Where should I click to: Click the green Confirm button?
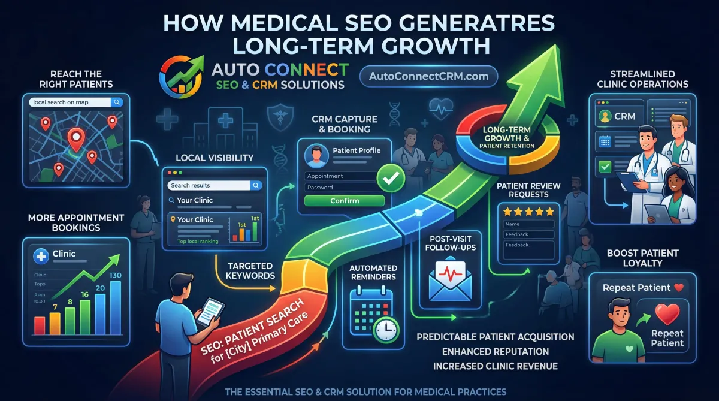345,201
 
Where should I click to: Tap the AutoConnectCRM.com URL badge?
428,76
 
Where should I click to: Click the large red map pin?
75,138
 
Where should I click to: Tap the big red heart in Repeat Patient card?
667,312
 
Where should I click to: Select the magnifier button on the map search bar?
117,102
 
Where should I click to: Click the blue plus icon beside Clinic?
41,255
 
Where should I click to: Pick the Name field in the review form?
528,224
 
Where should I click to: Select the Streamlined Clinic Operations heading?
642,79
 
